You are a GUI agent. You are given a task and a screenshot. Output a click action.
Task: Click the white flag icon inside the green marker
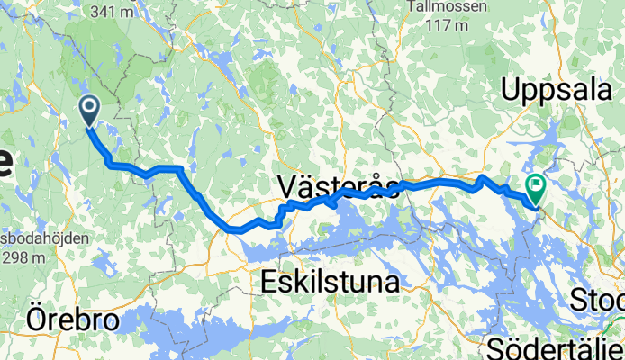pos(537,187)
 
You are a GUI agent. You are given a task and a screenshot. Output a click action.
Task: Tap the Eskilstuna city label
pos(330,283)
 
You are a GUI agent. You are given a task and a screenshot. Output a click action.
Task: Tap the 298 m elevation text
pos(24,258)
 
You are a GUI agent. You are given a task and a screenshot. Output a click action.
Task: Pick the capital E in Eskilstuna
pos(268,283)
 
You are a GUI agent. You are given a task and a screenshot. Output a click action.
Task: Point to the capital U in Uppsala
pos(510,90)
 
